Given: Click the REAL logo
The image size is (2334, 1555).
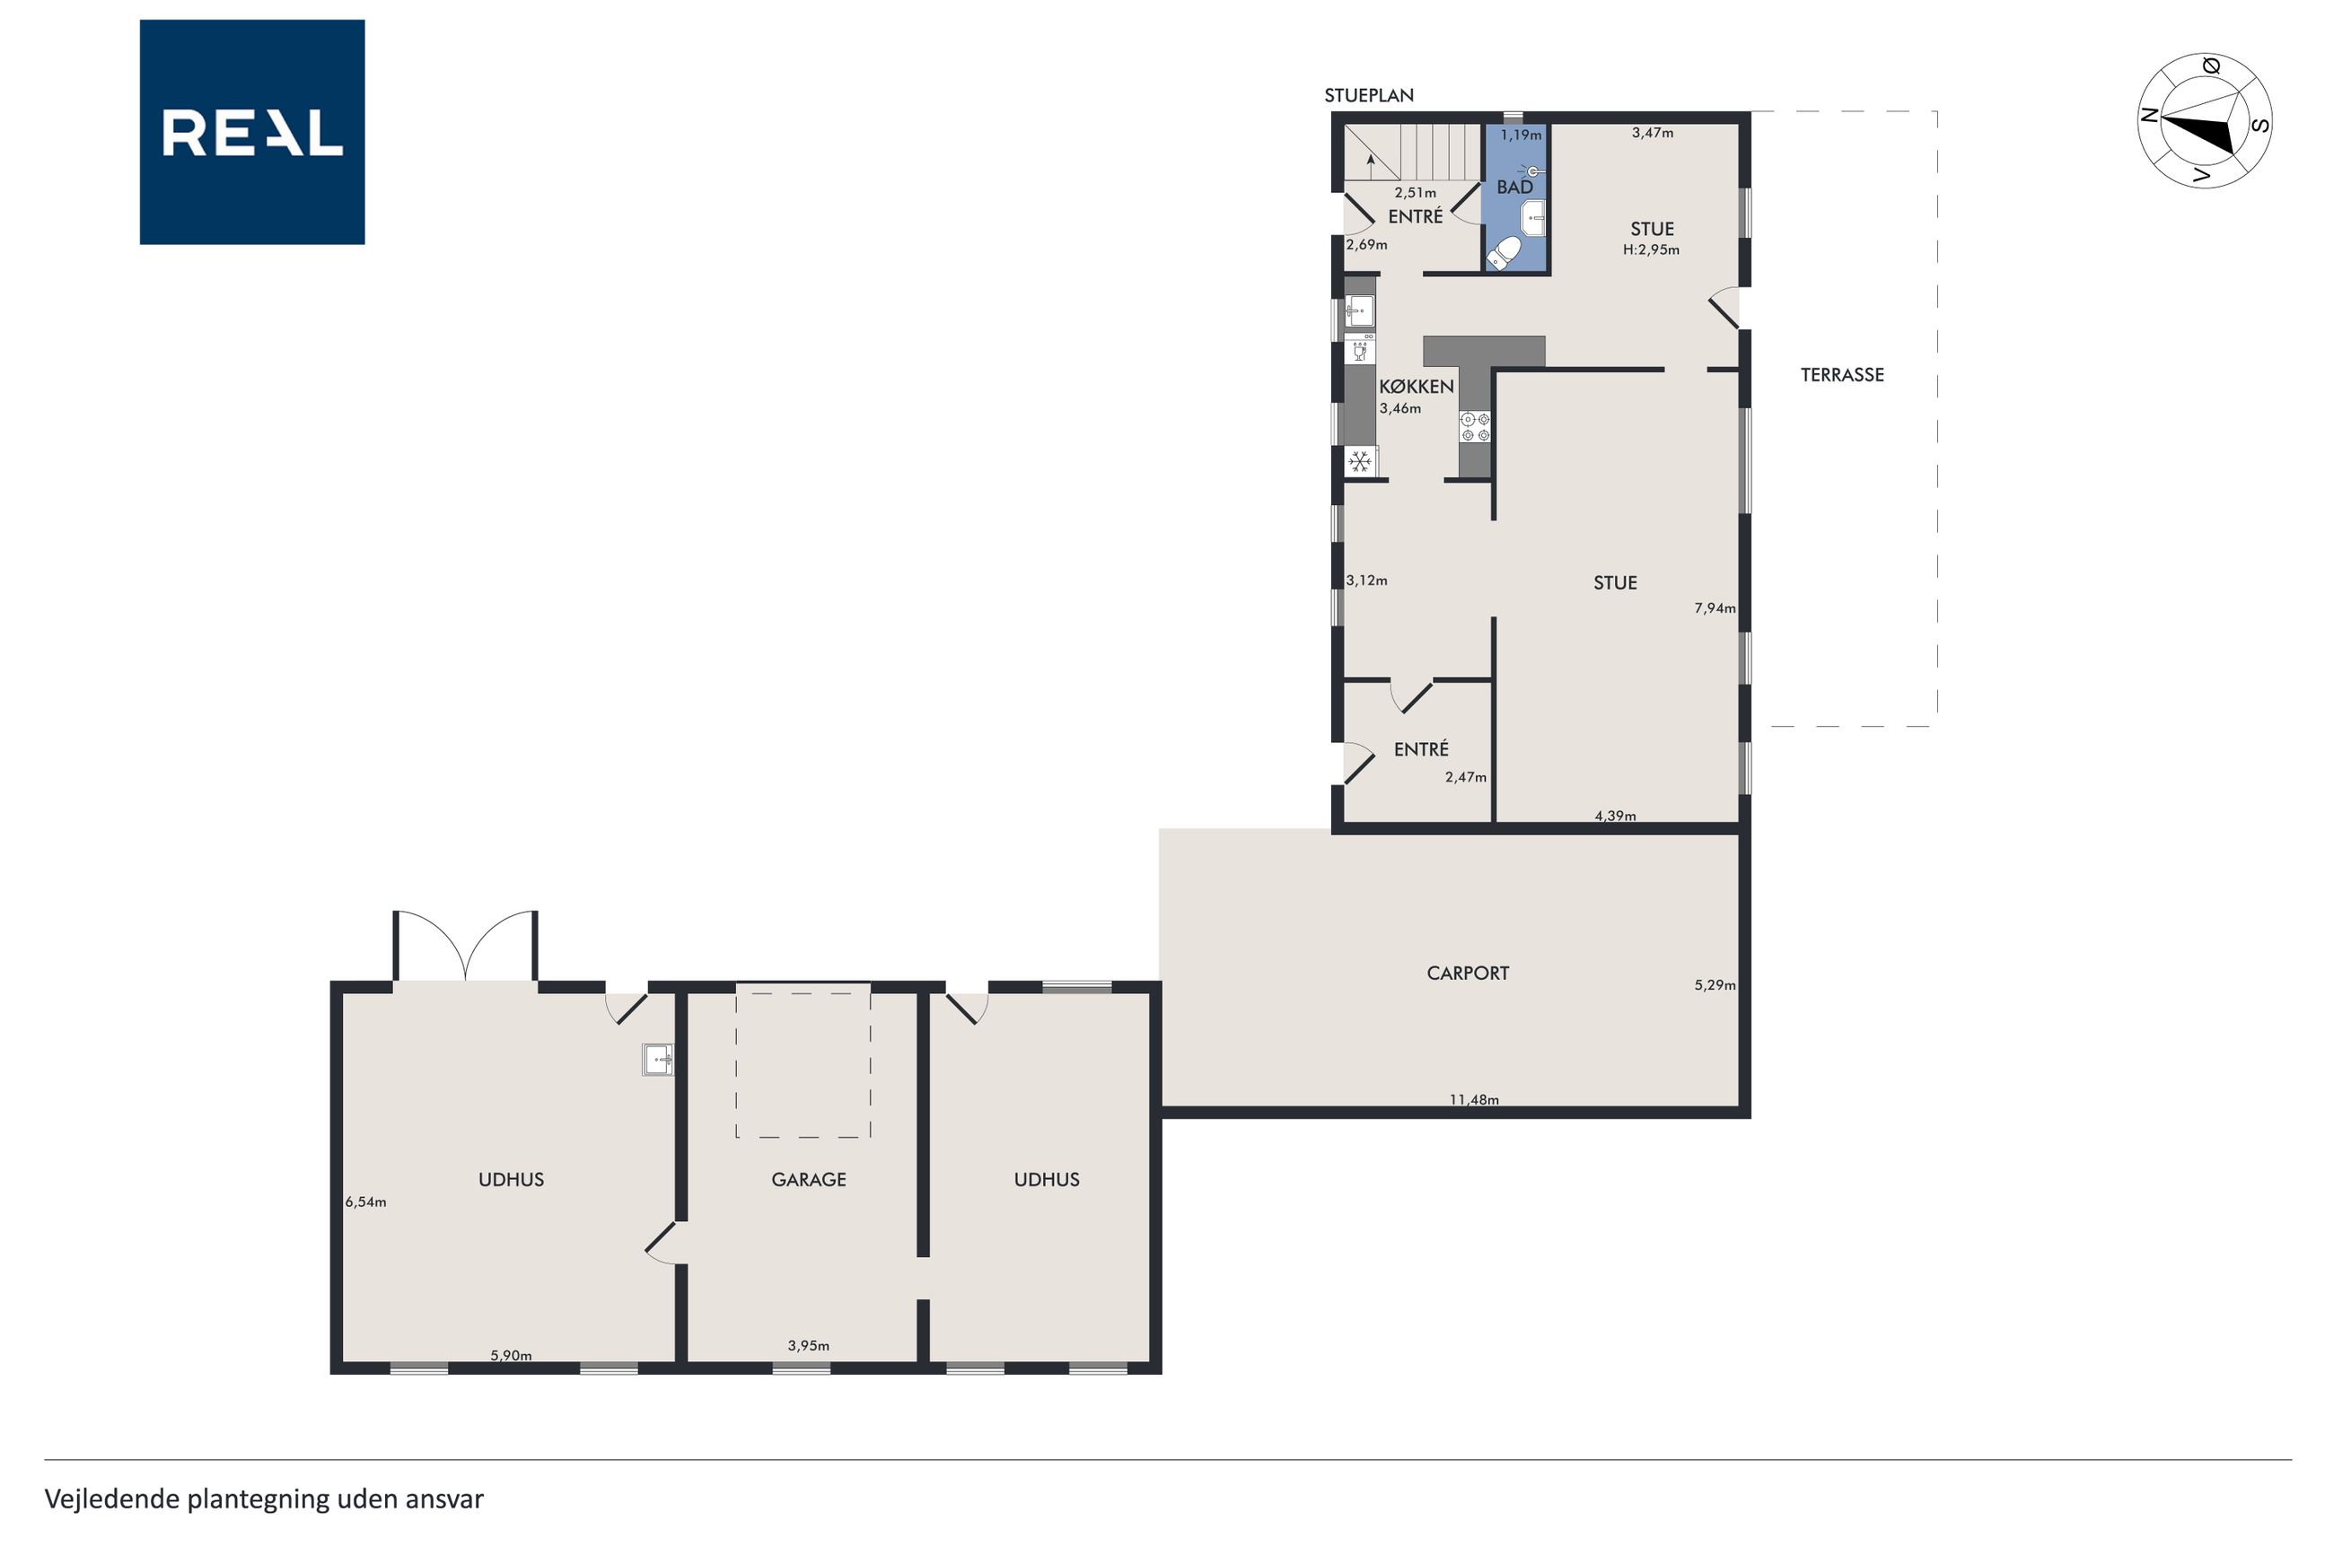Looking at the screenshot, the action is click(252, 132).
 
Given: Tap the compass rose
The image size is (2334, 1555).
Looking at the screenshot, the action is click(2204, 121).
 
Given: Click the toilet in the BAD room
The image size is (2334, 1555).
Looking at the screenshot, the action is click(1504, 252).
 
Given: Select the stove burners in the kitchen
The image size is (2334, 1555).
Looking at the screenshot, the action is click(1475, 427).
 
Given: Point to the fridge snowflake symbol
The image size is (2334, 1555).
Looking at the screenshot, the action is click(1360, 461).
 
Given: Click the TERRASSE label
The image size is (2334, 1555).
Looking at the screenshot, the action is click(1842, 375).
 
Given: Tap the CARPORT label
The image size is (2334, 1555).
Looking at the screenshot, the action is click(1468, 973).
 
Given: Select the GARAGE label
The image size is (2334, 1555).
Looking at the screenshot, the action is click(809, 1179).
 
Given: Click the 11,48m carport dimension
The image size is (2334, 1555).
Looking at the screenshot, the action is click(1474, 1099).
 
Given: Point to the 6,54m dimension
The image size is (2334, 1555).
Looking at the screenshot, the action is click(366, 1202).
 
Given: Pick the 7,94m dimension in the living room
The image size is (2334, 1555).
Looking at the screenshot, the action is click(1715, 608).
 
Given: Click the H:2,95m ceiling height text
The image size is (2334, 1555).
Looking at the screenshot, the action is click(1652, 250).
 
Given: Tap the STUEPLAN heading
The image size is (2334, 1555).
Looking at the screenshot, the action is click(1369, 95).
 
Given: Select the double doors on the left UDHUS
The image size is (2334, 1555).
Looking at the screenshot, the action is click(465, 946).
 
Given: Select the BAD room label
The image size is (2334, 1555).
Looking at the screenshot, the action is click(1514, 187).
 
